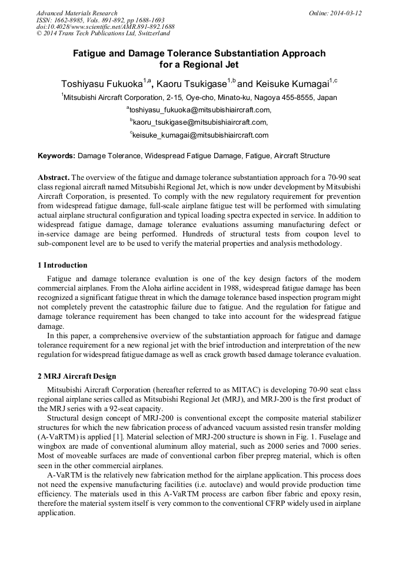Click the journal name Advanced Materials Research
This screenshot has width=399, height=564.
(x=77, y=13)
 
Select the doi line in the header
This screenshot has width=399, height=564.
(x=105, y=27)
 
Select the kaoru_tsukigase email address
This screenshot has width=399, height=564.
(x=200, y=122)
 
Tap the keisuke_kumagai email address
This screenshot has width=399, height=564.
(x=200, y=135)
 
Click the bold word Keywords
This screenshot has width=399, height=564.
(x=56, y=156)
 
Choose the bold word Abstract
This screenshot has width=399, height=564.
(x=54, y=177)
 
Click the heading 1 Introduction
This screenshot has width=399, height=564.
(x=62, y=265)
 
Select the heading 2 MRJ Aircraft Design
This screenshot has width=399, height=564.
(x=77, y=376)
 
